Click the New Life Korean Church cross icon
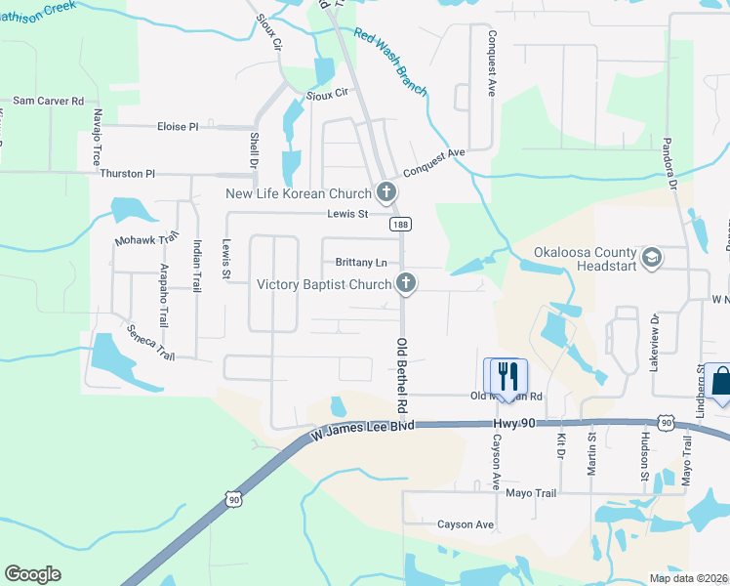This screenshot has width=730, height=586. (x=387, y=192)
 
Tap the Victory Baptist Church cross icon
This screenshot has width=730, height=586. (x=406, y=284)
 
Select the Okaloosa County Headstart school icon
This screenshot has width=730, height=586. (x=652, y=259)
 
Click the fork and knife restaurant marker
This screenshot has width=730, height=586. (x=506, y=375)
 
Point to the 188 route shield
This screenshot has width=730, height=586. (x=399, y=225)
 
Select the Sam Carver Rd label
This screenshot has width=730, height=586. (x=49, y=101)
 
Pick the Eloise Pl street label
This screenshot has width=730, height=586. (x=178, y=127)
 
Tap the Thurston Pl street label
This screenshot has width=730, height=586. (x=128, y=174)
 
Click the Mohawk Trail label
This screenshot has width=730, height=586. (x=147, y=238)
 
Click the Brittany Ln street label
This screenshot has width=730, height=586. (x=361, y=263)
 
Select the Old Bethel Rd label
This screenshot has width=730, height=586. (x=400, y=374)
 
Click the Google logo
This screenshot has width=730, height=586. (x=32, y=574)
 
